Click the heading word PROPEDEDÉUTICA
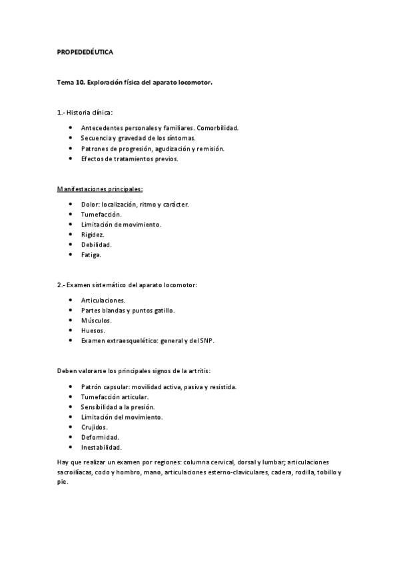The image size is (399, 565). tap(85, 51)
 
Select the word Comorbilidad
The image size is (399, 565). tap(218, 127)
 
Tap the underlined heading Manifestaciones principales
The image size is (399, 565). tap(100, 190)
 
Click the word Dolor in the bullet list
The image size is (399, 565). tap(91, 204)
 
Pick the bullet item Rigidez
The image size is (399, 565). tap(93, 235)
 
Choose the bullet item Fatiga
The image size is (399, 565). tap(91, 255)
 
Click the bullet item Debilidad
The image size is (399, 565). tap(96, 245)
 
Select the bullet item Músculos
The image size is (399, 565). tap(96, 320)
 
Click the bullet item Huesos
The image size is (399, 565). tap(93, 330)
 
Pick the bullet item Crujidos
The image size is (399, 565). tap(94, 426)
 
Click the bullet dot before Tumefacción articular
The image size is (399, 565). tap(71, 396)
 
